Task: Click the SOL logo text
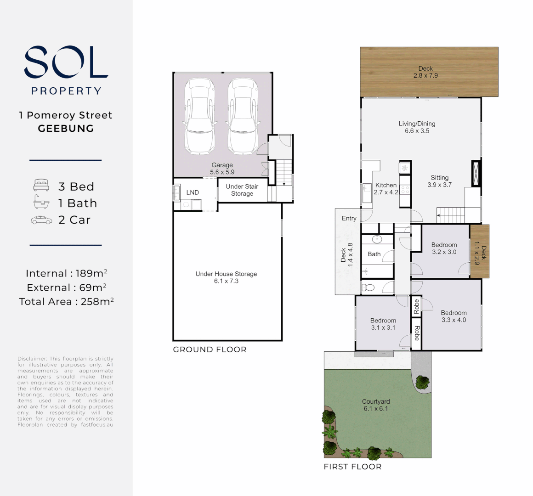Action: click(x=66, y=62)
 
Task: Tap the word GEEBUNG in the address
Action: click(x=66, y=129)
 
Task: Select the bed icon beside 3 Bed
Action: click(x=41, y=186)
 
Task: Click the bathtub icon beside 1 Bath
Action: click(x=41, y=202)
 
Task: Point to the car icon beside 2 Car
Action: click(x=41, y=220)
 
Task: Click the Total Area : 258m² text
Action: click(x=66, y=301)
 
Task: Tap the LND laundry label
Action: click(x=193, y=192)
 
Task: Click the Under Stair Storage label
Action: click(x=242, y=190)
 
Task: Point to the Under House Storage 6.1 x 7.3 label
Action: click(x=226, y=277)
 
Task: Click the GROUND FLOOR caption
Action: click(x=210, y=349)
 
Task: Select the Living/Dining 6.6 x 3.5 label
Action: click(x=417, y=127)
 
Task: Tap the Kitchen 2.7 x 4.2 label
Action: click(x=386, y=189)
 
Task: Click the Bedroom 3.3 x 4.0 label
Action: click(x=454, y=316)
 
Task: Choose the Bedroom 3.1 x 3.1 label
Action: click(x=383, y=324)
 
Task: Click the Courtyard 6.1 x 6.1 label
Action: click(x=375, y=405)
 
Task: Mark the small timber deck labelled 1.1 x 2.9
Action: click(x=480, y=251)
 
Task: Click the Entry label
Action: click(x=349, y=218)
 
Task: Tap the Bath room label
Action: click(x=374, y=254)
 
